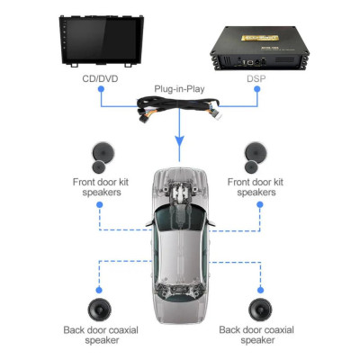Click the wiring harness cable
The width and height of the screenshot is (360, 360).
coord(180,112)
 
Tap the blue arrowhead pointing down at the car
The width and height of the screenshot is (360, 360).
coord(180,145)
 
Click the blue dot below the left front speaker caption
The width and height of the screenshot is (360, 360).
coord(98,205)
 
